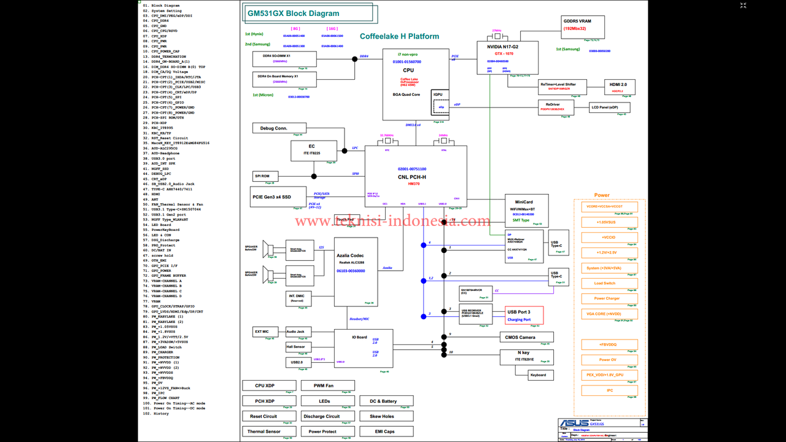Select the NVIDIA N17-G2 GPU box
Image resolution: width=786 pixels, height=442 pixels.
(507, 58)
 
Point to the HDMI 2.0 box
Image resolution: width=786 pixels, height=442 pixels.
(619, 87)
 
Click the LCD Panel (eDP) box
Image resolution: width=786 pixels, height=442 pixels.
(609, 107)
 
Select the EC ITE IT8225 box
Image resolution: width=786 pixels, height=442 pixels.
(314, 150)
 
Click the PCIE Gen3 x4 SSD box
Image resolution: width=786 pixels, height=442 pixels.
(278, 196)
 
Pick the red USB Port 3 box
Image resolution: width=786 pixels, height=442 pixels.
(523, 315)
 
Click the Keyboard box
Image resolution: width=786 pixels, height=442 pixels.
(538, 374)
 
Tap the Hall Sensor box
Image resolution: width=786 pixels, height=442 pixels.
(295, 347)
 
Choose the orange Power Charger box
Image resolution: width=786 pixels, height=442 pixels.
(609, 298)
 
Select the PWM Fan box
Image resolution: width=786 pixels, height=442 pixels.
(323, 386)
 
